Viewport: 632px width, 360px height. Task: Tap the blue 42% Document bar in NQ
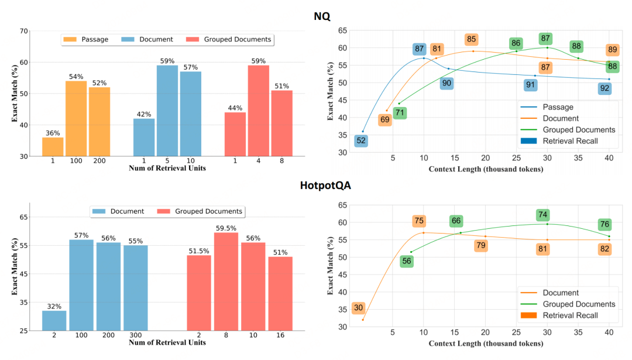point(144,137)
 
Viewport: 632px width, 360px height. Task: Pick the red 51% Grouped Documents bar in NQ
point(281,123)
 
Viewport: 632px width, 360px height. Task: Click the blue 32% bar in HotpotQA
point(54,321)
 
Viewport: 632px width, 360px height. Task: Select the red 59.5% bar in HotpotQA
point(226,282)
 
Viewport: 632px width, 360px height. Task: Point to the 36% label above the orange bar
point(53,132)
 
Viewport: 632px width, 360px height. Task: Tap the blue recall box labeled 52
point(361,140)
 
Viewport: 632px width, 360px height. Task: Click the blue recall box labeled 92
point(605,89)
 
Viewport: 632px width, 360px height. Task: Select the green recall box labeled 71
point(400,113)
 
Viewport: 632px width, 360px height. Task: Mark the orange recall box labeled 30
point(359,308)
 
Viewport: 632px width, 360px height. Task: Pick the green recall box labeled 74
point(542,215)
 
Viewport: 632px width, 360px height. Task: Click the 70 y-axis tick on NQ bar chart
point(24,31)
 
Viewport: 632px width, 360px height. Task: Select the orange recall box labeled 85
point(471,40)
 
